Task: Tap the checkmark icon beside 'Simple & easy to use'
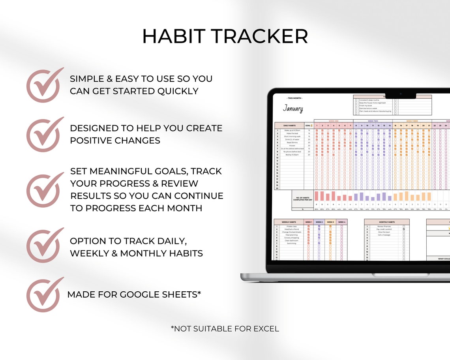[44, 85]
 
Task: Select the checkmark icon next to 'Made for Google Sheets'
[44, 294]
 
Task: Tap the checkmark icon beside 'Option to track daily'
[44, 245]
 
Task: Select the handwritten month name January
[293, 109]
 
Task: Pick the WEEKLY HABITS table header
[289, 222]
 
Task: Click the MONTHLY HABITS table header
[386, 222]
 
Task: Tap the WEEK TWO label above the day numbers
[373, 121]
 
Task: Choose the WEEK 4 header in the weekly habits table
[341, 222]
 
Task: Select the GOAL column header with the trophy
[309, 126]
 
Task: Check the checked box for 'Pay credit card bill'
[403, 229]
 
